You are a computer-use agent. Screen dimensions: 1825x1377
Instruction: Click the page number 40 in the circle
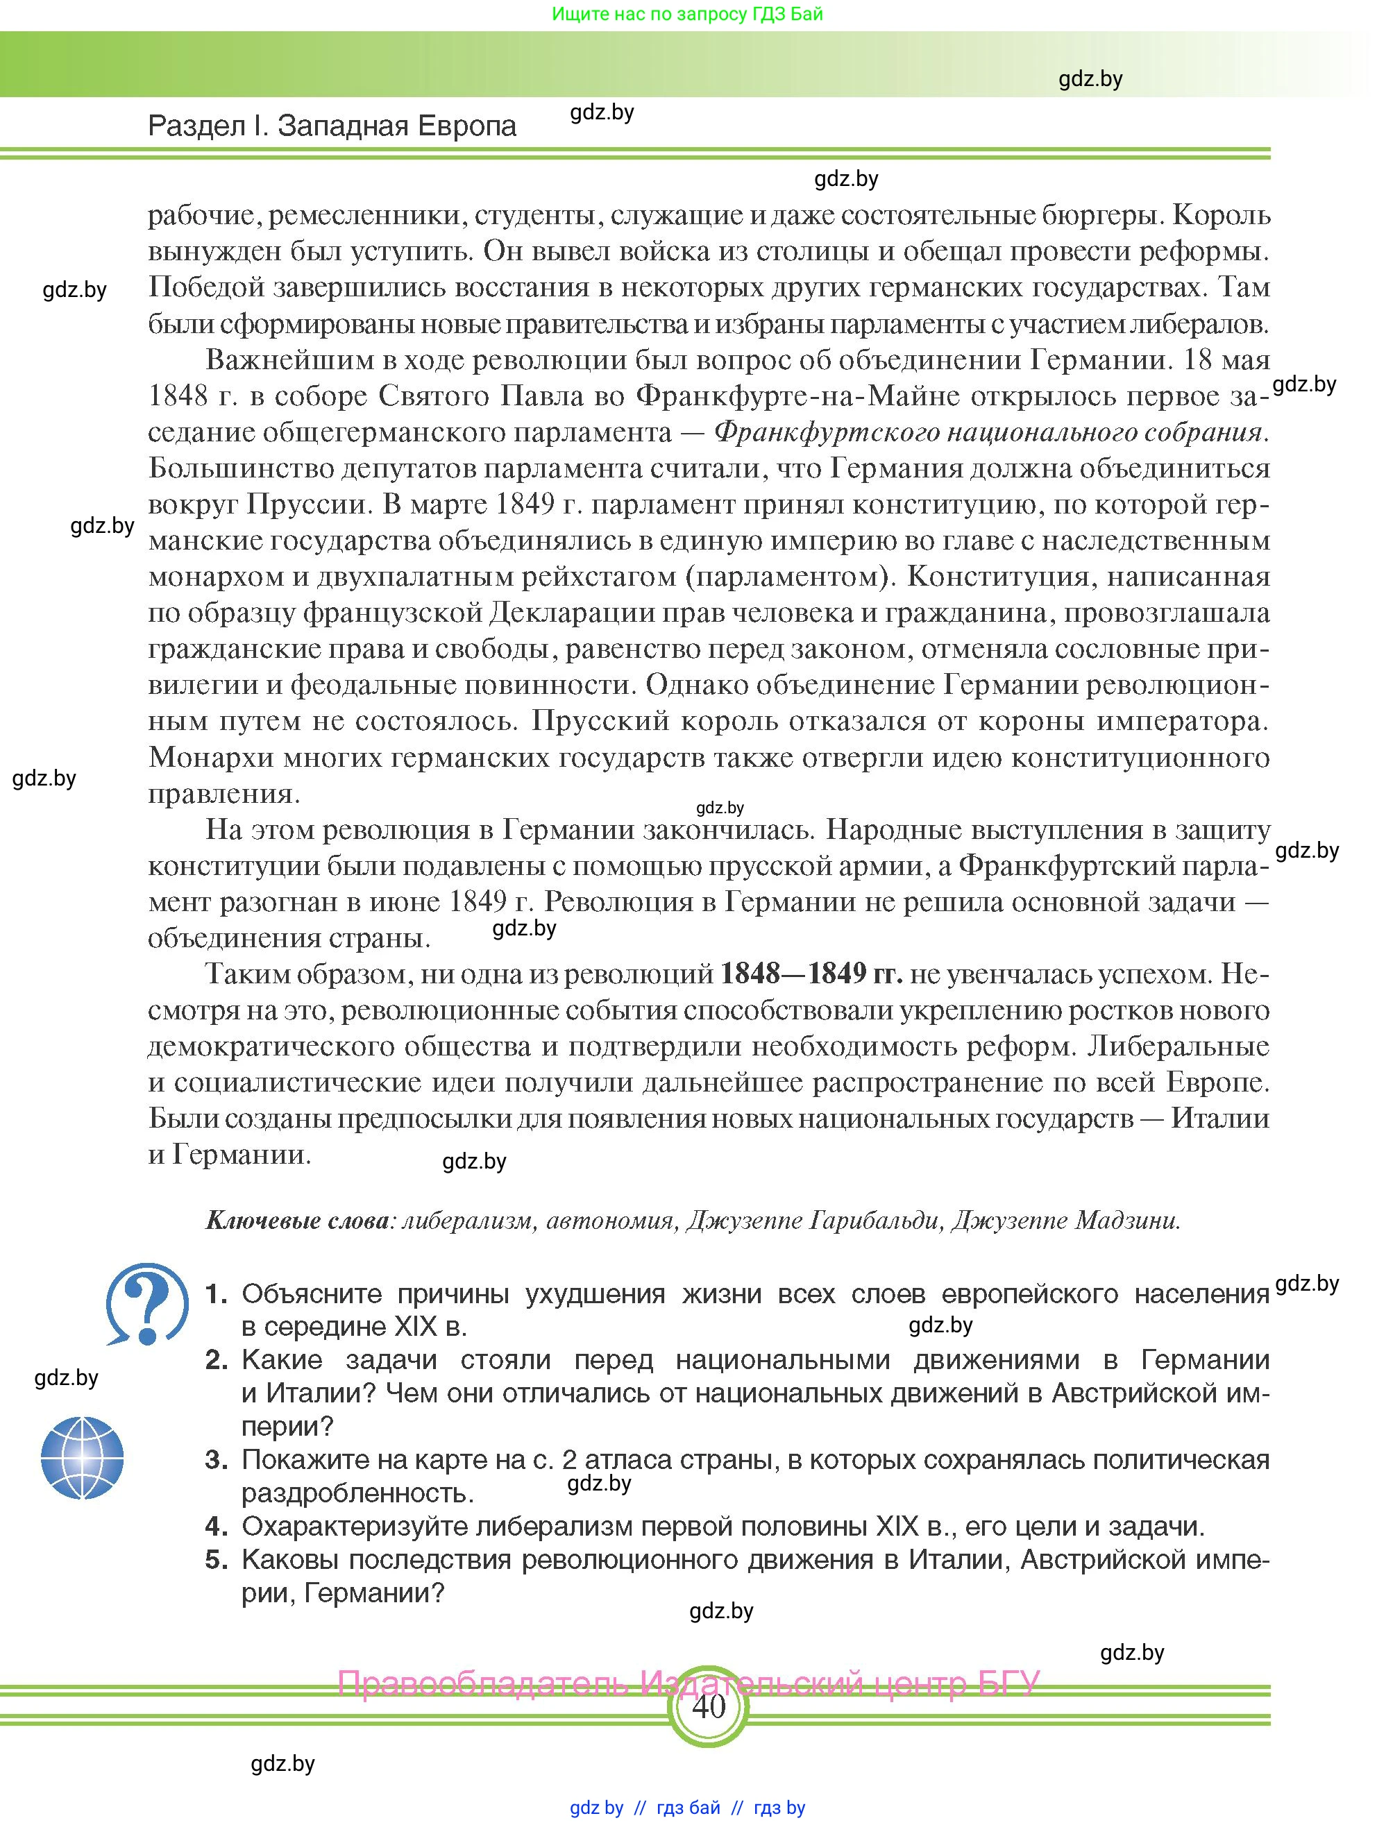[708, 1706]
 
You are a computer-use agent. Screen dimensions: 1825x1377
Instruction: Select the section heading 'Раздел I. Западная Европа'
[332, 126]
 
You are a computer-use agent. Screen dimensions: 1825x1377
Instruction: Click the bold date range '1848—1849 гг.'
[811, 974]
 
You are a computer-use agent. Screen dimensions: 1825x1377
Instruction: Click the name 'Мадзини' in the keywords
[1126, 1219]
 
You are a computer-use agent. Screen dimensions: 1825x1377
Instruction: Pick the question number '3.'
[216, 1459]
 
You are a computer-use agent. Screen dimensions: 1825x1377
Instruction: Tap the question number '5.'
[216, 1559]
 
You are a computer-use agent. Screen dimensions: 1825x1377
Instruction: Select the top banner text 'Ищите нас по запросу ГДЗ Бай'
[687, 14]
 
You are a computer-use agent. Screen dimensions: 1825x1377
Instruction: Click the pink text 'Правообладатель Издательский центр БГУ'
[688, 1682]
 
